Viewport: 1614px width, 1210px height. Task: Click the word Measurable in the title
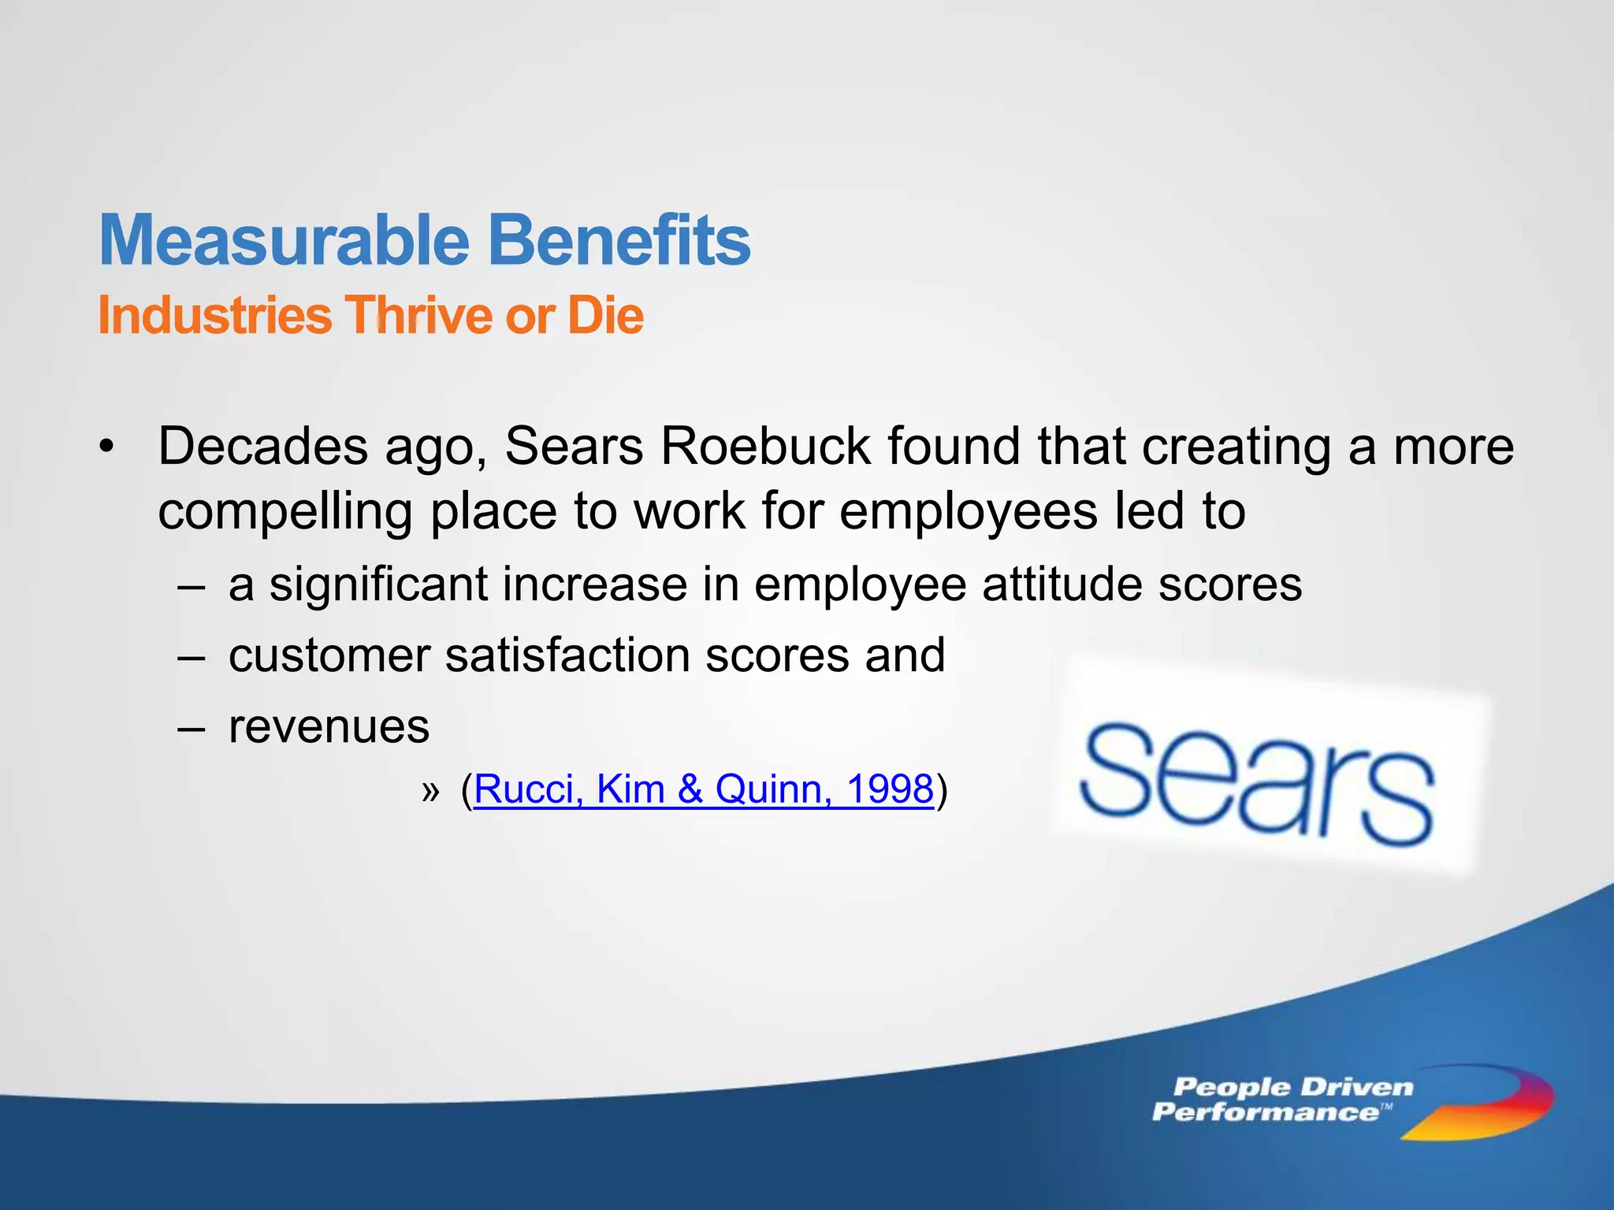click(284, 240)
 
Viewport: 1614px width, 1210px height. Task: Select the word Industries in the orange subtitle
click(214, 316)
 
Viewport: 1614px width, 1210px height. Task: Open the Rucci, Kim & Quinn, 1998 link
click(703, 789)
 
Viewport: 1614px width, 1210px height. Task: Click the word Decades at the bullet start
click(262, 447)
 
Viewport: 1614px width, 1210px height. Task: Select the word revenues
click(329, 726)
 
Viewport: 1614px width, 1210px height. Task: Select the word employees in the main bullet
click(968, 512)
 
